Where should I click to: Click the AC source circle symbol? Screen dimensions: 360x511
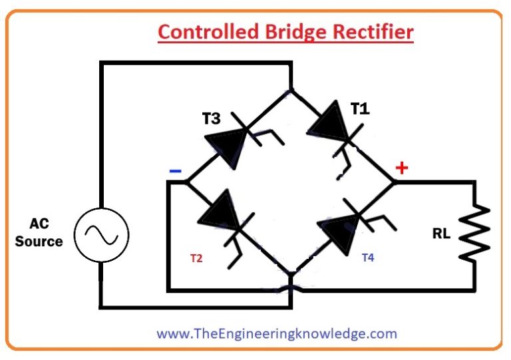click(x=100, y=234)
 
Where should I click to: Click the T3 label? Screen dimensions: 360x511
click(x=211, y=118)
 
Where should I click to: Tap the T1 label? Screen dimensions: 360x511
click(x=360, y=108)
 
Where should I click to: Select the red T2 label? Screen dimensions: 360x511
click(x=196, y=258)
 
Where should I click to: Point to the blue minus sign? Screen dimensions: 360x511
click(x=175, y=170)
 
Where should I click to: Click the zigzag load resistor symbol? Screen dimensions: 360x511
click(x=476, y=232)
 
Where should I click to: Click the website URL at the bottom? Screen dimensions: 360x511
click(x=276, y=333)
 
